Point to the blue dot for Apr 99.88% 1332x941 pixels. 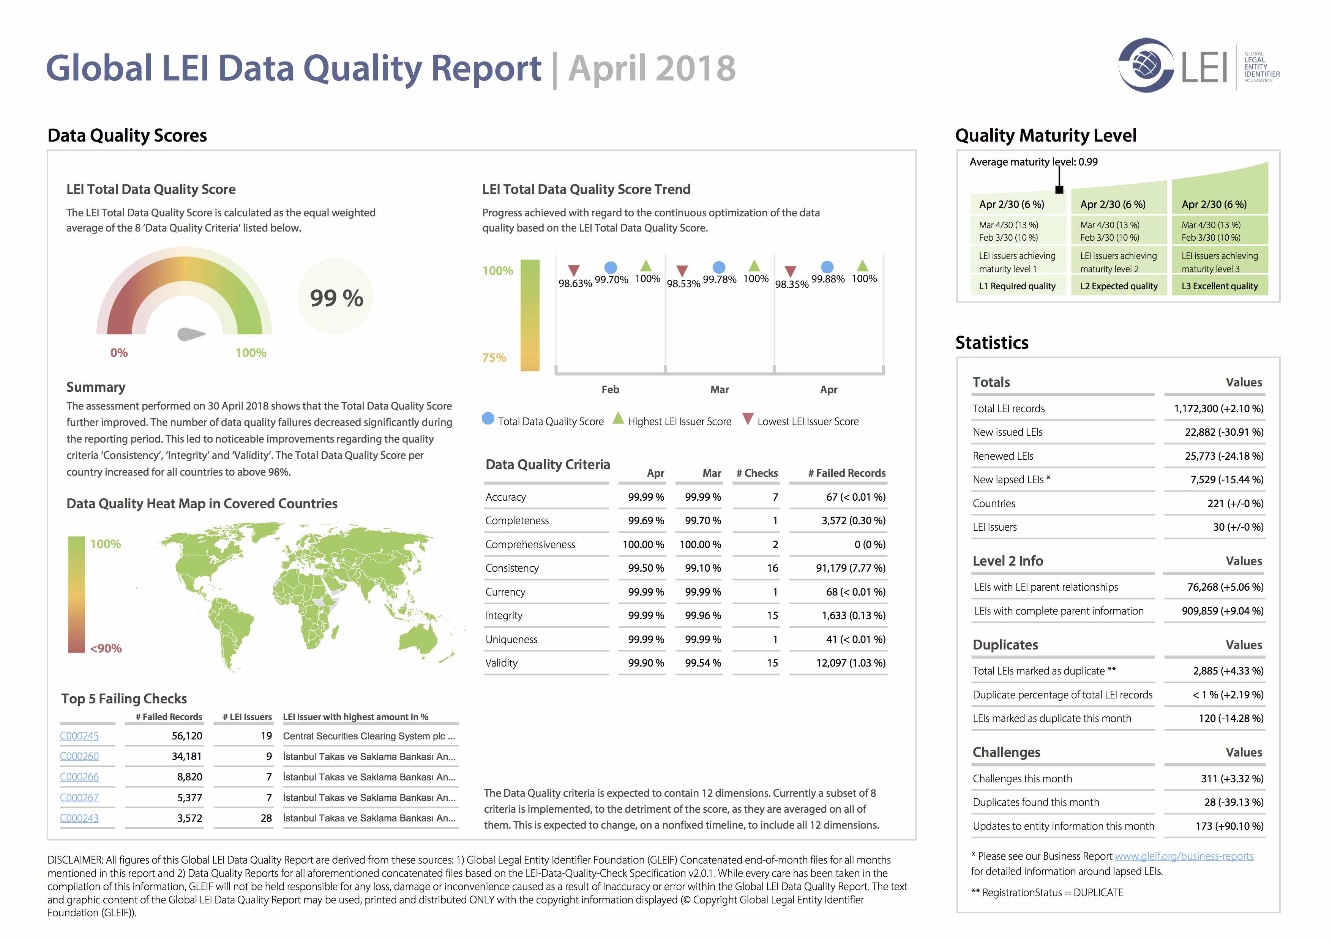(x=827, y=267)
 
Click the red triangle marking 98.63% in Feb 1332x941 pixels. (x=574, y=270)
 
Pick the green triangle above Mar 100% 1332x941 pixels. (x=754, y=266)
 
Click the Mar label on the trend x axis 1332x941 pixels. (x=720, y=389)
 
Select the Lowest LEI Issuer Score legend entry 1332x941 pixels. (x=800, y=421)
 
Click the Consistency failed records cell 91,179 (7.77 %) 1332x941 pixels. (x=851, y=568)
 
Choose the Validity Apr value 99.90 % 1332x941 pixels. (x=646, y=663)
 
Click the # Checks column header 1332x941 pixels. (x=757, y=473)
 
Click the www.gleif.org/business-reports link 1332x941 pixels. (x=1184, y=856)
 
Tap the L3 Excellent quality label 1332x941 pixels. (x=1220, y=286)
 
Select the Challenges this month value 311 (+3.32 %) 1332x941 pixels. (x=1232, y=779)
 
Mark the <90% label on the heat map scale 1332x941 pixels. (x=106, y=648)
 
